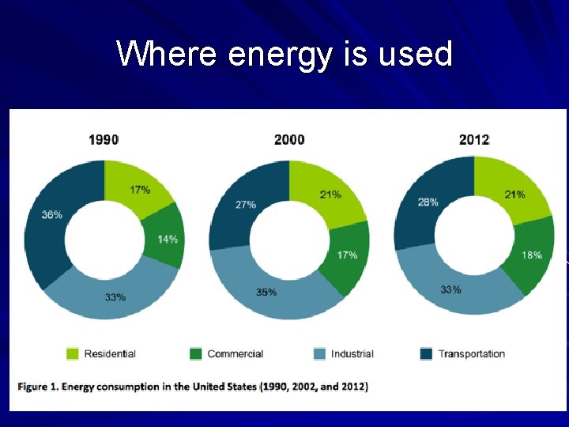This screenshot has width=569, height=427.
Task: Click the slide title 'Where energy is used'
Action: point(284,55)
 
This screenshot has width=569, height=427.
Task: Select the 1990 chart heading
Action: point(104,140)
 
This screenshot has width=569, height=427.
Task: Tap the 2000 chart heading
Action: point(289,140)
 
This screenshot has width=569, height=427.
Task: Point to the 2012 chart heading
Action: point(474,140)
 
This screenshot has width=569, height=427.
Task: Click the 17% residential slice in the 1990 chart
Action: point(139,190)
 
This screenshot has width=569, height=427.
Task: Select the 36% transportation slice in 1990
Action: point(52,215)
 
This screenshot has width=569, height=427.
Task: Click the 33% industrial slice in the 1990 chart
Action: point(115,297)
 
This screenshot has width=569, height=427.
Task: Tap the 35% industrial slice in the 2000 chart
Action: point(266,292)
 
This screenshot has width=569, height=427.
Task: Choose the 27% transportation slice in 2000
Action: point(246,204)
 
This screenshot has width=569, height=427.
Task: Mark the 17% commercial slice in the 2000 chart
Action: point(347,255)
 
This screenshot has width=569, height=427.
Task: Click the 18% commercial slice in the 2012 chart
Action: point(532,255)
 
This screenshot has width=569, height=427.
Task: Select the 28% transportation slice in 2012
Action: point(428,202)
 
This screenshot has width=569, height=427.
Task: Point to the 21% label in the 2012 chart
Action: point(515,195)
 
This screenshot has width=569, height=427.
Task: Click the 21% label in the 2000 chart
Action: point(330,195)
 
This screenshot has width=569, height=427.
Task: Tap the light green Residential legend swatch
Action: point(73,353)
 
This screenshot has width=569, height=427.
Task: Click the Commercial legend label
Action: point(235,353)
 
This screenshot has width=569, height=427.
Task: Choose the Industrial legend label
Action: point(352,353)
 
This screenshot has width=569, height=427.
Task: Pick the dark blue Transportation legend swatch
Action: point(426,353)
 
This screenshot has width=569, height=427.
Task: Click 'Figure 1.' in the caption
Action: point(37,387)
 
